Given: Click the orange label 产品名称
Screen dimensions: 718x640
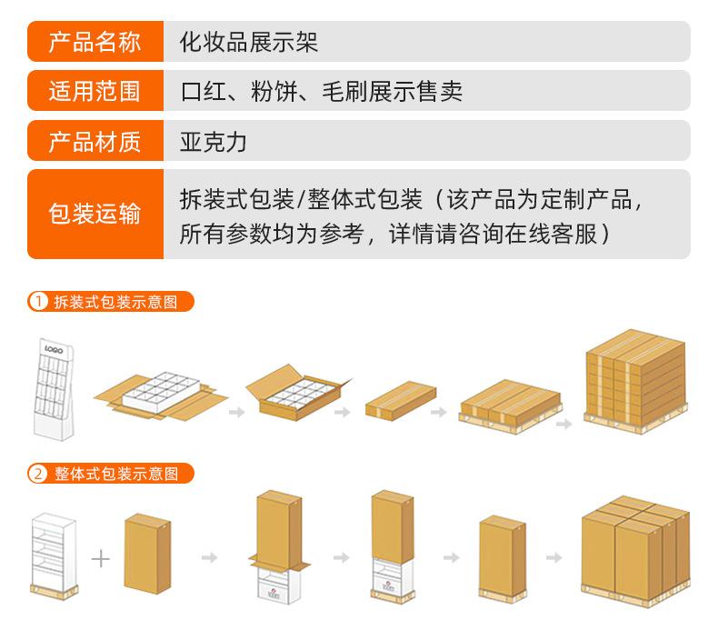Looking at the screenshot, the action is pyautogui.click(x=95, y=42).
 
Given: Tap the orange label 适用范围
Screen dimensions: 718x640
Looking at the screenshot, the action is pyautogui.click(x=95, y=91).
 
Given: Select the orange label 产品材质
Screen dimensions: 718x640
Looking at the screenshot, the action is pyautogui.click(x=95, y=141).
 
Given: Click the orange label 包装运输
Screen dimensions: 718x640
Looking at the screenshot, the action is pyautogui.click(x=95, y=215).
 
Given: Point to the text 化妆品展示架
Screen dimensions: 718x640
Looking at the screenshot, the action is pyautogui.click(x=248, y=42).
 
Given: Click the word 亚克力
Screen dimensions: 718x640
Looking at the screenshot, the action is pyautogui.click(x=214, y=141).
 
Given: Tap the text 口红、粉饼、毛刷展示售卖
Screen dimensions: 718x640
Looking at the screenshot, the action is pyautogui.click(x=321, y=91).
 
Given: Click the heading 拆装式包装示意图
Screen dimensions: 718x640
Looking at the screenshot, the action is pyautogui.click(x=116, y=302).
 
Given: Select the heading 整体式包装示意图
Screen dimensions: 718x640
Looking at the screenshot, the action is pyautogui.click(x=116, y=474).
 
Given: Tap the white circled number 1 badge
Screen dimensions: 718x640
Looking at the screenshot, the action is pyautogui.click(x=39, y=302).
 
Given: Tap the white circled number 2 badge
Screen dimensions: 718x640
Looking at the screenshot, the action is pyautogui.click(x=39, y=474).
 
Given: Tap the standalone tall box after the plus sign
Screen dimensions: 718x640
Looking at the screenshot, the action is pyautogui.click(x=147, y=553).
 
